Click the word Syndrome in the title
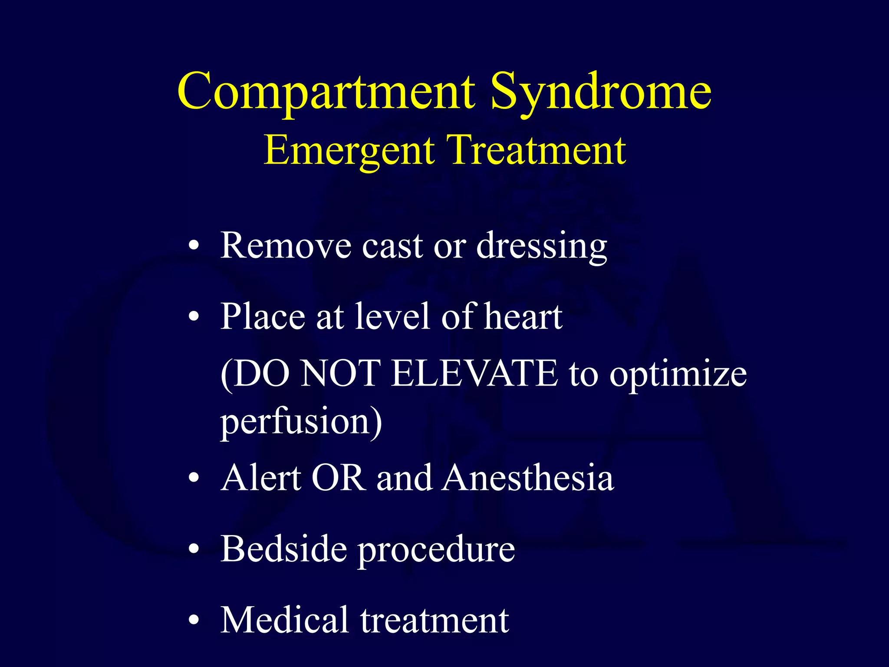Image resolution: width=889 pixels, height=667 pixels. [x=601, y=92]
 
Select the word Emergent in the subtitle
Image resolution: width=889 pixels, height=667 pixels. [x=349, y=150]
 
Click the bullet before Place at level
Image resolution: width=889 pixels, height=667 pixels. [x=194, y=317]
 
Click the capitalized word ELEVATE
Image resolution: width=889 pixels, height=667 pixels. [x=474, y=373]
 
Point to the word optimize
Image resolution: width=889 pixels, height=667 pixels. [x=678, y=374]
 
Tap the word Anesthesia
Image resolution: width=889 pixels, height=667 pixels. [x=528, y=478]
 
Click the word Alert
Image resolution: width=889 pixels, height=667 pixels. [x=261, y=478]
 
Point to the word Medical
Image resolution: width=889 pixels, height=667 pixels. [x=285, y=620]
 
